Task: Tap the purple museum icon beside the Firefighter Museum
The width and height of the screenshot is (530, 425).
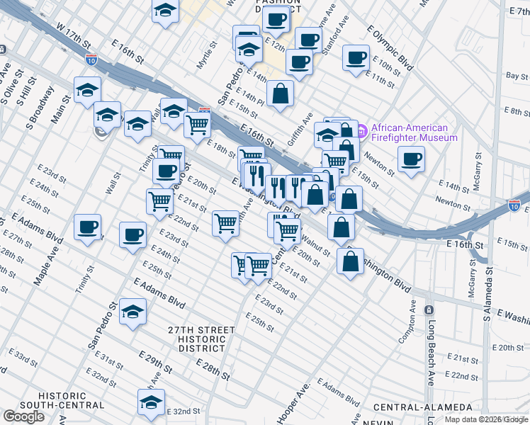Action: click(361, 131)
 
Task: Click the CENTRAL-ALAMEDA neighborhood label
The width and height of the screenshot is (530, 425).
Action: click(422, 407)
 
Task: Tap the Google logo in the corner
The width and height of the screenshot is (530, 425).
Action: click(23, 416)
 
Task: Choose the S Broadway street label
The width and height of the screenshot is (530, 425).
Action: click(40, 108)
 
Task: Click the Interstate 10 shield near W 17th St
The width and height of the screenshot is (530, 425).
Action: click(91, 60)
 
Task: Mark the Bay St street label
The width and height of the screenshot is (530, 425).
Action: click(517, 76)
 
